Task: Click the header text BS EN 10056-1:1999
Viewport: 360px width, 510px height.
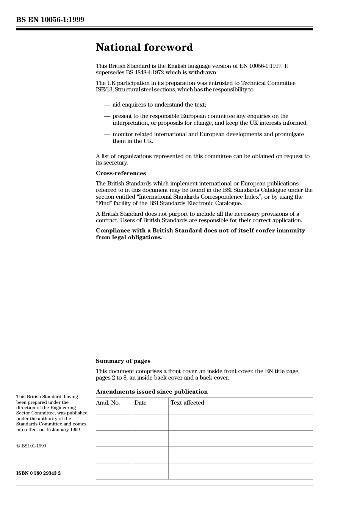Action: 50,20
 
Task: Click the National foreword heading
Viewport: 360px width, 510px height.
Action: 144,47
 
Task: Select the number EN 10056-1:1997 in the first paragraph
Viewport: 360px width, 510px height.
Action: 260,66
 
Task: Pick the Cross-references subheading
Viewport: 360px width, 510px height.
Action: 121,173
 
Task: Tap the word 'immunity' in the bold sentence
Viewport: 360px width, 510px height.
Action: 291,231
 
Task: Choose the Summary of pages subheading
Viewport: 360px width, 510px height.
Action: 123,361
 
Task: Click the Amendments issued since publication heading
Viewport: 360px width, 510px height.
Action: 152,392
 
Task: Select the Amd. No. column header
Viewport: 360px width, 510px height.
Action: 108,403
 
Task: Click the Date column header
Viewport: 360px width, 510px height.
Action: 140,403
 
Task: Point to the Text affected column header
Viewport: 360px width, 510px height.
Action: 187,403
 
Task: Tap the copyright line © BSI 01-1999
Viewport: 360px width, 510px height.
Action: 31,446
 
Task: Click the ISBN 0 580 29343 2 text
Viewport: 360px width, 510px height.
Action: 38,473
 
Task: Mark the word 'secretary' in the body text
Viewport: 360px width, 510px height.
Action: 116,163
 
